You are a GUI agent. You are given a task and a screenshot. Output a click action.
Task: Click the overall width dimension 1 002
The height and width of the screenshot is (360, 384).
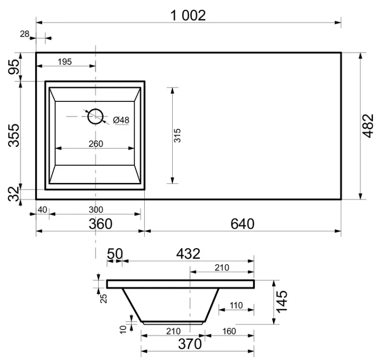click(188, 16)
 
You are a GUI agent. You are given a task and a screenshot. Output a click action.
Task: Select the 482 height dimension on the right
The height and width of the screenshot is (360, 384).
click(368, 126)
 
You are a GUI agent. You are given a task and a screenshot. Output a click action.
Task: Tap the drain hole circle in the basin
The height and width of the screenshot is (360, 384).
click(95, 116)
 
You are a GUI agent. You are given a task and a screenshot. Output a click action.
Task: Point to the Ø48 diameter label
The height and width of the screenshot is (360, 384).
click(121, 120)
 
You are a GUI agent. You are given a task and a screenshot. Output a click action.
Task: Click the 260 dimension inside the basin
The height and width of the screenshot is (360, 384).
click(96, 144)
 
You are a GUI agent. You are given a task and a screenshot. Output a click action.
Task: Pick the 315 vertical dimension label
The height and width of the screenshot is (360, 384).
click(177, 136)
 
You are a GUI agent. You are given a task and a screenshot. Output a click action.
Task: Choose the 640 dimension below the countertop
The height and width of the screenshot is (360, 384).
click(242, 224)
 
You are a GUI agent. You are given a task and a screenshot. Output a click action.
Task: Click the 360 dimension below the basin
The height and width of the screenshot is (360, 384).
click(100, 224)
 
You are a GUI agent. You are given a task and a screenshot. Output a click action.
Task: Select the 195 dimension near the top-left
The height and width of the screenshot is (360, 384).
click(65, 62)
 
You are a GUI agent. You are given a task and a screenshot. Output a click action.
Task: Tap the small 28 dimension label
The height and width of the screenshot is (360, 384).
click(25, 34)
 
